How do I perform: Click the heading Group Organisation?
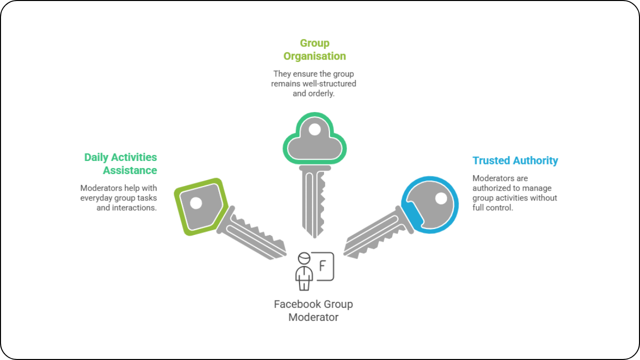[314, 49]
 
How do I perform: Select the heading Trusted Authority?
[515, 160]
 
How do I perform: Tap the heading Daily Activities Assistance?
[120, 163]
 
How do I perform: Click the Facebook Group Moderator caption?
[313, 310]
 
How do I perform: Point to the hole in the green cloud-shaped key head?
[314, 129]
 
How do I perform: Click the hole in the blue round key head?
[441, 198]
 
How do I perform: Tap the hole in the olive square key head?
[196, 203]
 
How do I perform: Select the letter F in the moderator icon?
[322, 266]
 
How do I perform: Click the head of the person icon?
[304, 258]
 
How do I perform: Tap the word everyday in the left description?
[96, 198]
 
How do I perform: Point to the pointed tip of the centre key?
[314, 237]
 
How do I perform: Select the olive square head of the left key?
[201, 206]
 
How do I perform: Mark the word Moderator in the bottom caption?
[313, 317]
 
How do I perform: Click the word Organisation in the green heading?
[314, 56]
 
